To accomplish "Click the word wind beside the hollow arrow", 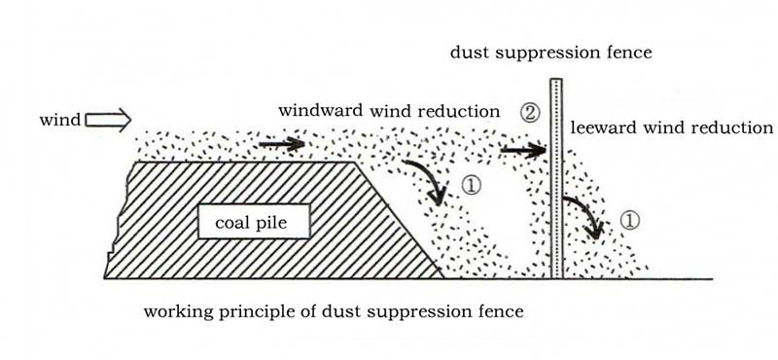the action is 59,121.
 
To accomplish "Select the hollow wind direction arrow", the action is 108,121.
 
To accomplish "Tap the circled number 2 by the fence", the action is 530,114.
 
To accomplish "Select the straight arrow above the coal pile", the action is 282,144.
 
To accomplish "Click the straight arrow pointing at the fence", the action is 523,150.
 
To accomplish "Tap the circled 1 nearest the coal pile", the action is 471,186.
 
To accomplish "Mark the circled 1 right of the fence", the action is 629,221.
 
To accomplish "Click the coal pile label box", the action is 254,221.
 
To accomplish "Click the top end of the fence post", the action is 556,80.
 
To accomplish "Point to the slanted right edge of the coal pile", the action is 398,219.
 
